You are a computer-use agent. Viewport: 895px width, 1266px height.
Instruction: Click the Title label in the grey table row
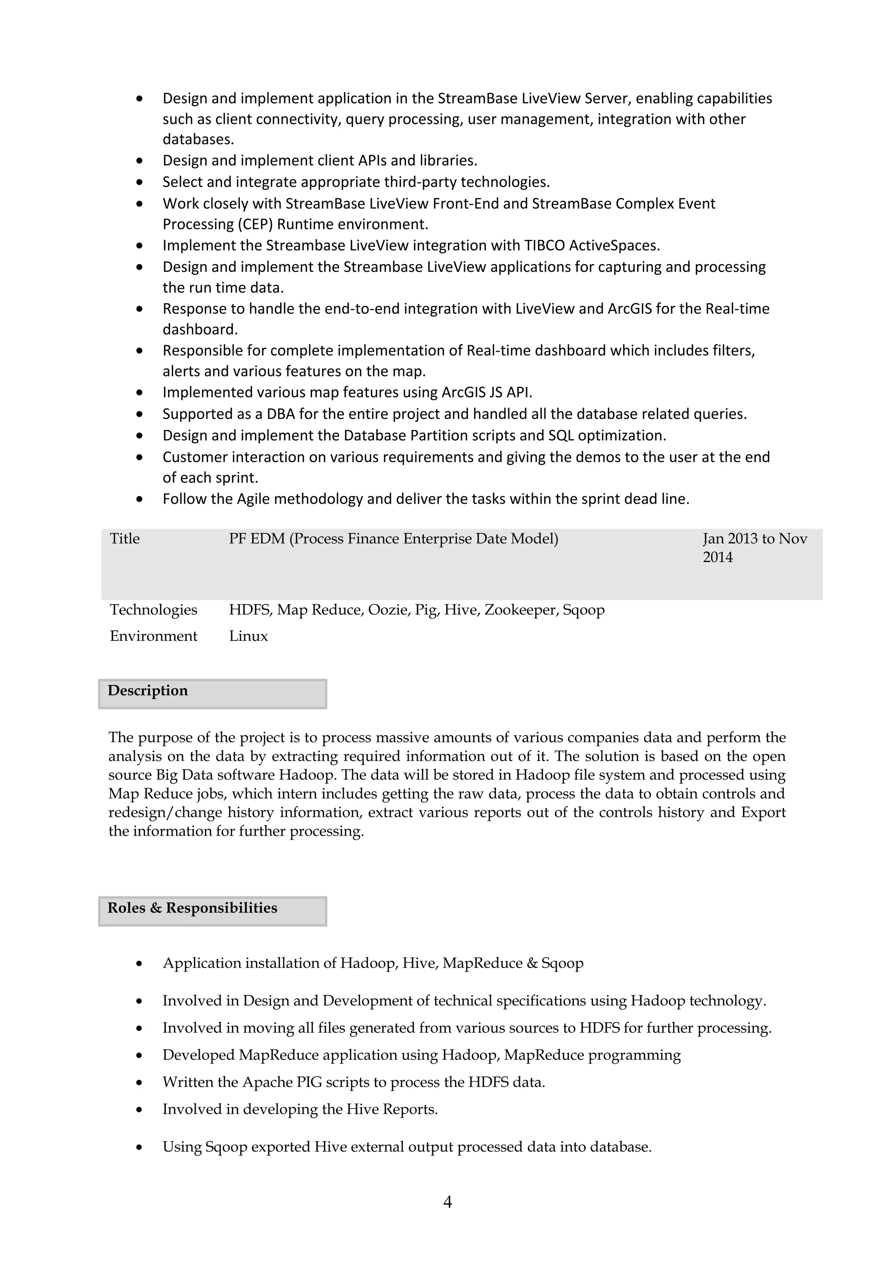125,539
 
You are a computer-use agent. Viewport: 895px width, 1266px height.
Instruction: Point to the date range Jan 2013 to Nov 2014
754,547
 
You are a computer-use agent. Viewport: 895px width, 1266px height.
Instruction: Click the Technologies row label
153,610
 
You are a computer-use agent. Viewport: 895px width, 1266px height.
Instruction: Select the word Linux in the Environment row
248,636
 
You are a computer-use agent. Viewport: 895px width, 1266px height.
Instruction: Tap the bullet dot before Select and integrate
139,183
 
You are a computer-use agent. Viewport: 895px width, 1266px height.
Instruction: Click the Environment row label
153,636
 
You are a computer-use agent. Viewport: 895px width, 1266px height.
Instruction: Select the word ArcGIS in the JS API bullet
465,393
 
